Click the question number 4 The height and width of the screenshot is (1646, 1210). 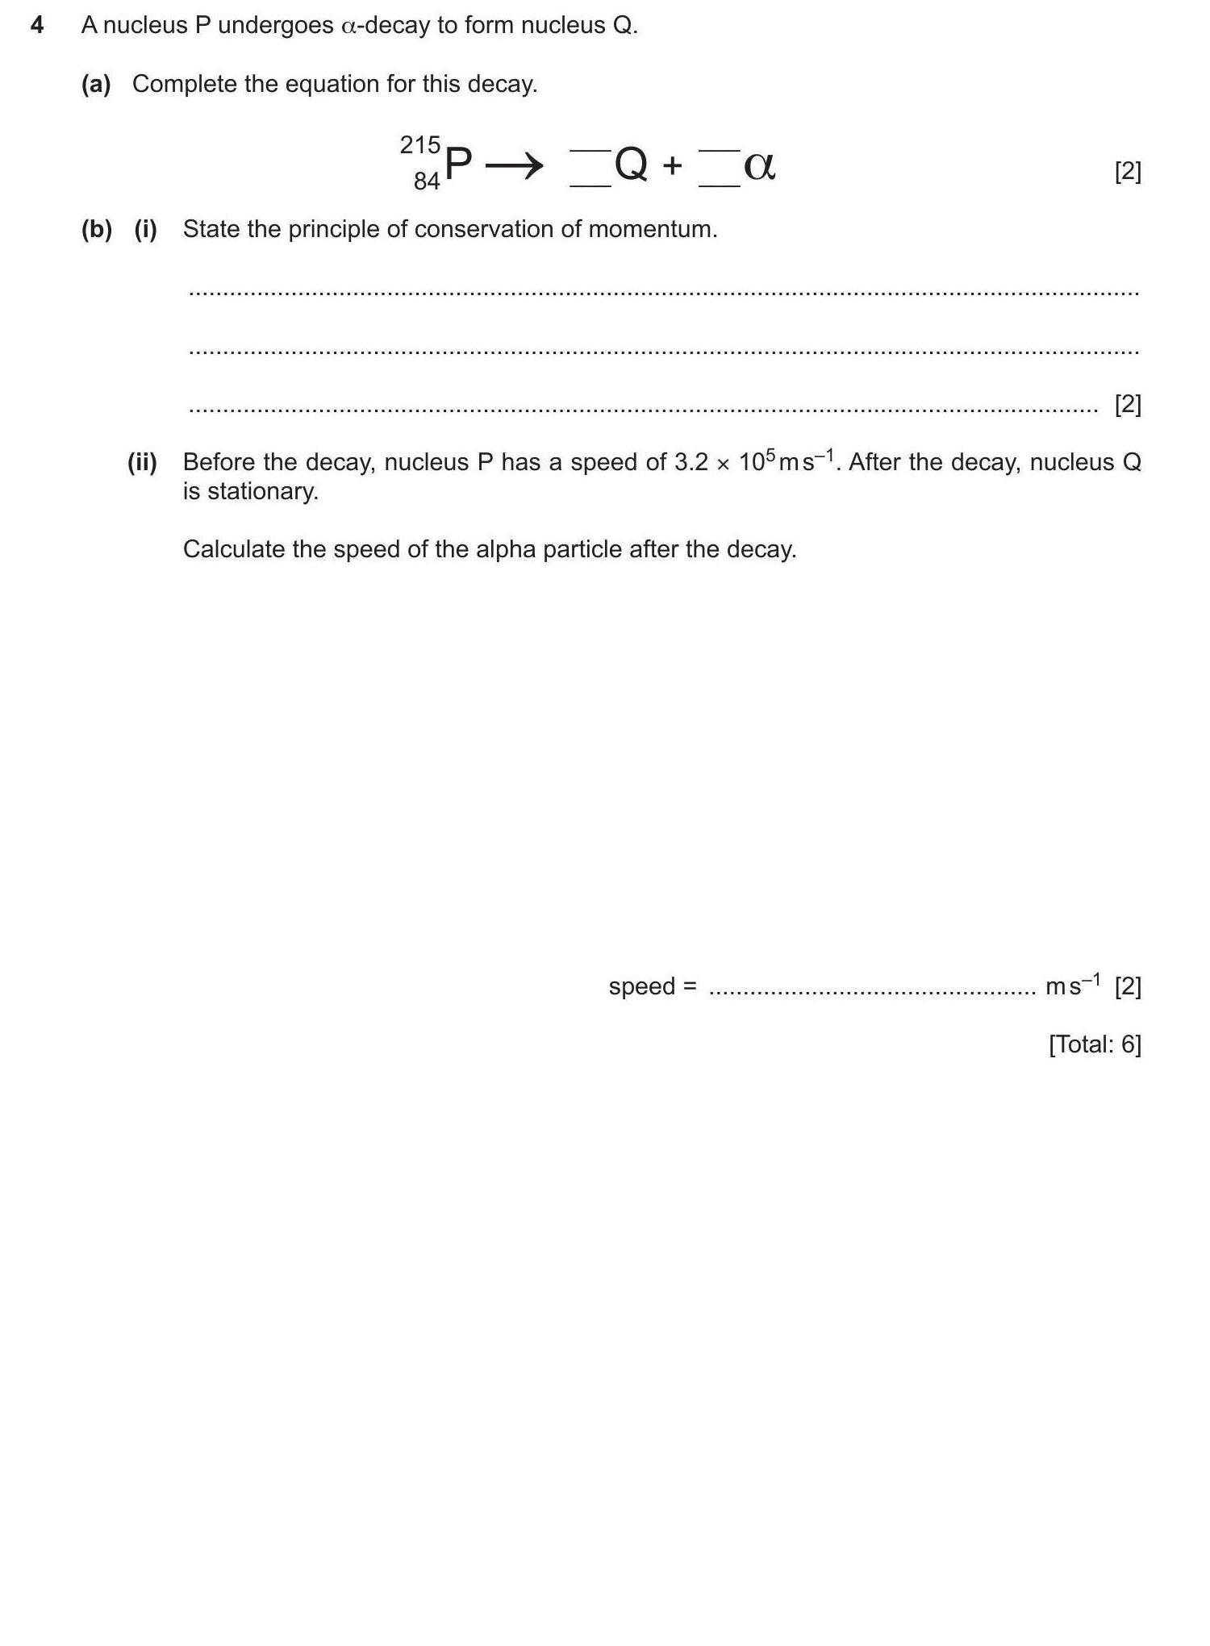pos(36,26)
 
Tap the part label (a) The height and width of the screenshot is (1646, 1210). pos(96,84)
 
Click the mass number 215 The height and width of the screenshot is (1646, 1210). pos(419,145)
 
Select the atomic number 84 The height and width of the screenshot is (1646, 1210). pos(427,181)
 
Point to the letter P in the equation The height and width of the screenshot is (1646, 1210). pos(458,165)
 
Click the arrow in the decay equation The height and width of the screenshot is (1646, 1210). pos(514,167)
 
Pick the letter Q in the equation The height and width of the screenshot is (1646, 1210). pos(631,165)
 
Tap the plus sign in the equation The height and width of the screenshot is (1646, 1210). pos(672,166)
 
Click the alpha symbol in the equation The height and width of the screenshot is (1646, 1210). pos(759,166)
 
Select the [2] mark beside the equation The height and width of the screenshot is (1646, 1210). pos(1127,171)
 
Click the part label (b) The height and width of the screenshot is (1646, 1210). pos(96,229)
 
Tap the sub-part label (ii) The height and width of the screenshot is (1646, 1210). pos(142,462)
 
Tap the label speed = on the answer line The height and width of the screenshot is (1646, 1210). pos(652,986)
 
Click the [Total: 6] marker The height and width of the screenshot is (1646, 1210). pos(1095,1044)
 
